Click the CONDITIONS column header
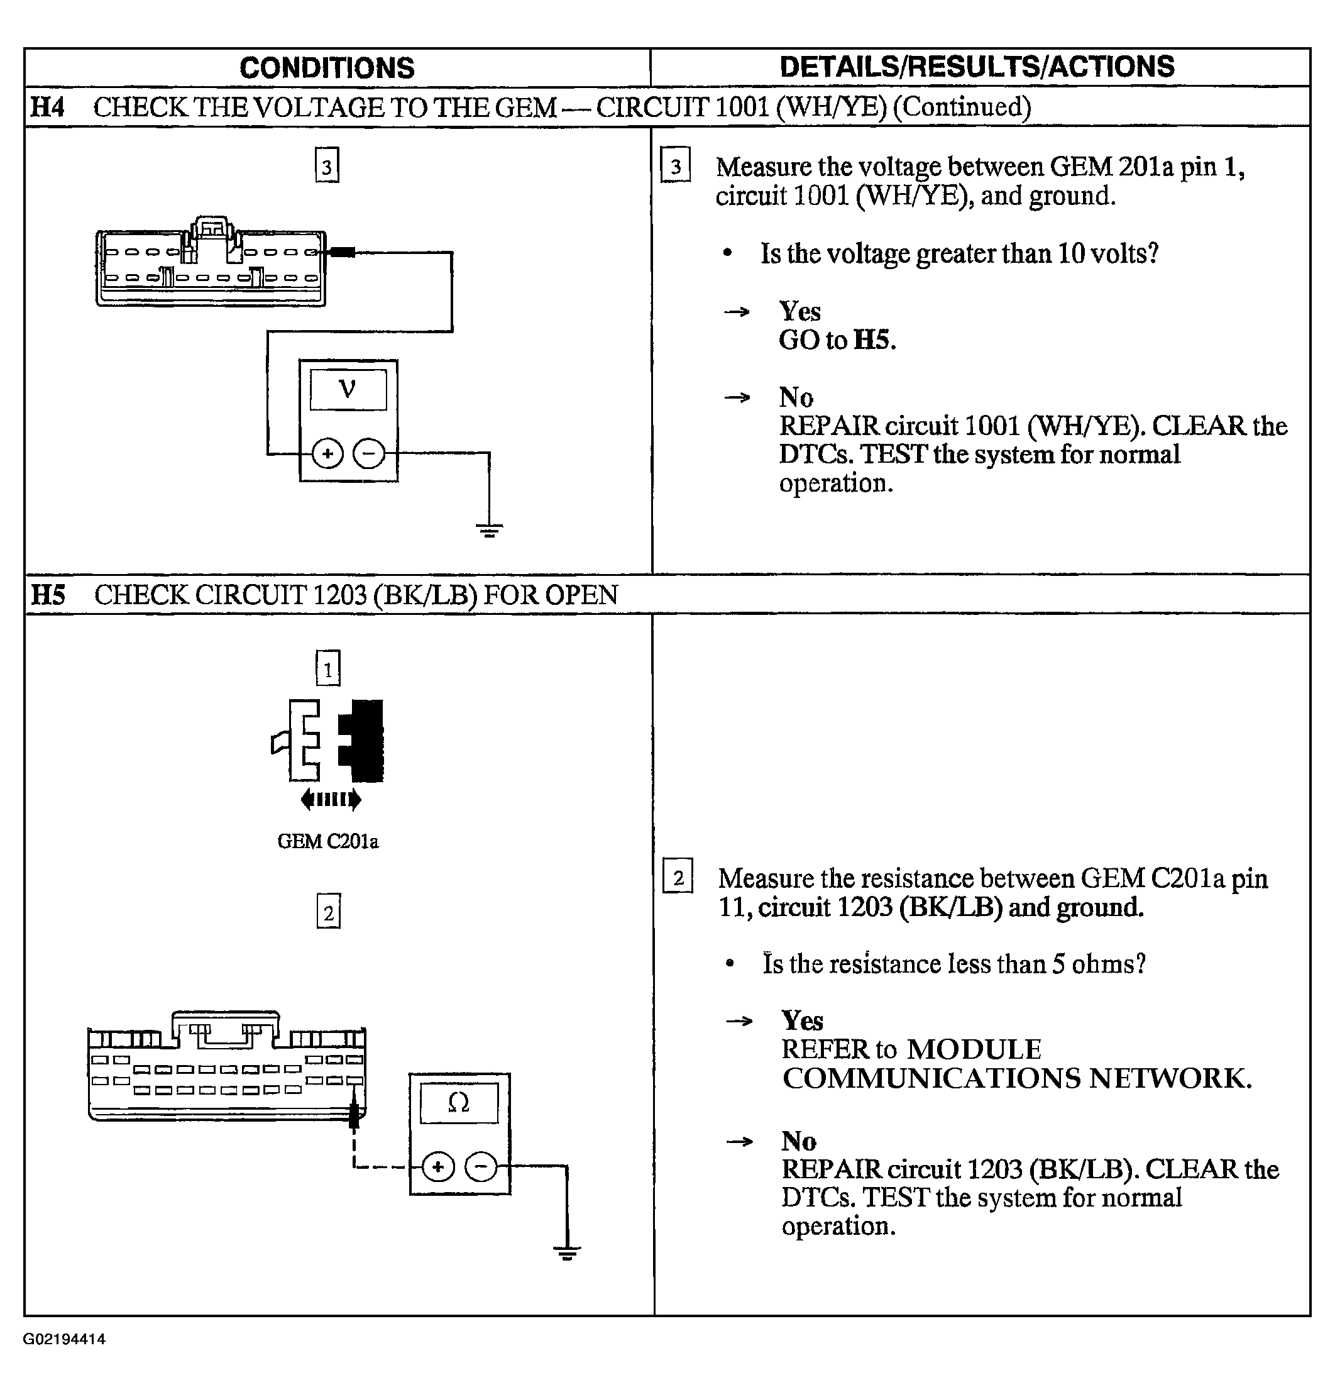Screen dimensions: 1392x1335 point(327,68)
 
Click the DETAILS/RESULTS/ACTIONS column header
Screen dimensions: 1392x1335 point(977,67)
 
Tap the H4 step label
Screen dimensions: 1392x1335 point(48,108)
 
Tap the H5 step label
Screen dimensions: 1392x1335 point(48,594)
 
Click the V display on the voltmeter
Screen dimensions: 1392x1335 point(348,389)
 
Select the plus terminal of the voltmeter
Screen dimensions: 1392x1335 point(327,453)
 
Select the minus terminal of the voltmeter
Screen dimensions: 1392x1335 point(368,453)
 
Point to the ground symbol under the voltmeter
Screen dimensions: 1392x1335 point(489,529)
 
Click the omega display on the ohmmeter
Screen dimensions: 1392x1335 point(459,1103)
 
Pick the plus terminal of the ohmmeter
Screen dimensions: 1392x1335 point(438,1167)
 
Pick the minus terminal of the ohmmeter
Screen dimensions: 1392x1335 point(481,1167)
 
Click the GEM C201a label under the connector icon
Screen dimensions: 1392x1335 point(327,842)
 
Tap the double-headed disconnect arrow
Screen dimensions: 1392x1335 point(331,800)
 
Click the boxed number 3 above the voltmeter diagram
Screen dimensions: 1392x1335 point(327,166)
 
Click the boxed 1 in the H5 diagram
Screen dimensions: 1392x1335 point(327,668)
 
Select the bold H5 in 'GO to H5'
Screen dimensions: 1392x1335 point(874,340)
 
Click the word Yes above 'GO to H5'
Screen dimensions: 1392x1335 point(799,311)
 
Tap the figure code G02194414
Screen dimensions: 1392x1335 point(65,1339)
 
